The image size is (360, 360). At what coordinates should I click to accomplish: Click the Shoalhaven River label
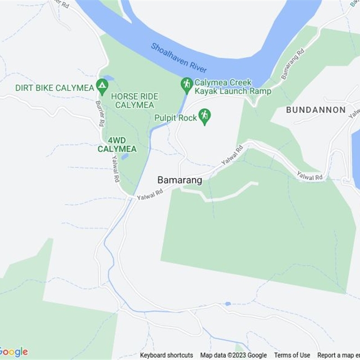tap(179, 58)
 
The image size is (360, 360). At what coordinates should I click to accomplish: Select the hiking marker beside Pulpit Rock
tap(205, 116)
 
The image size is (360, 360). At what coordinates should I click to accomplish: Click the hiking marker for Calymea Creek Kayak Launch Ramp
tap(186, 84)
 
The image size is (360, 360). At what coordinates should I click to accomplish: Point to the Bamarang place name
tap(180, 180)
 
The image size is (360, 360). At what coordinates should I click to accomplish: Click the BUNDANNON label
tap(316, 110)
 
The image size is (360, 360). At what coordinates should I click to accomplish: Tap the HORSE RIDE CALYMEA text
tap(135, 101)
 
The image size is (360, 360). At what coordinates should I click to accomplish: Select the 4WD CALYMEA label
tap(117, 144)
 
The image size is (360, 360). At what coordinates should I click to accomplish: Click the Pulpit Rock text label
tap(175, 118)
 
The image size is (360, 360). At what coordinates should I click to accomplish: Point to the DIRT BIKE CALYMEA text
tap(54, 88)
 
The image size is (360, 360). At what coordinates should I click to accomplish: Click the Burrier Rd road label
tap(99, 112)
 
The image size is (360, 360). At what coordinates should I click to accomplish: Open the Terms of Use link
tap(292, 355)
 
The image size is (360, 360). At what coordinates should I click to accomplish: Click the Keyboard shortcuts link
tap(166, 355)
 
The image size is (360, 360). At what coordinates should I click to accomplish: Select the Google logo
tap(14, 352)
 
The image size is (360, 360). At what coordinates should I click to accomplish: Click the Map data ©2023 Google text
tap(234, 355)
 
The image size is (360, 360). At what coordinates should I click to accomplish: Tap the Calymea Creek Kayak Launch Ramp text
tap(233, 87)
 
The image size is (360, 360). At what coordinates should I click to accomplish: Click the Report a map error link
tap(338, 355)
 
